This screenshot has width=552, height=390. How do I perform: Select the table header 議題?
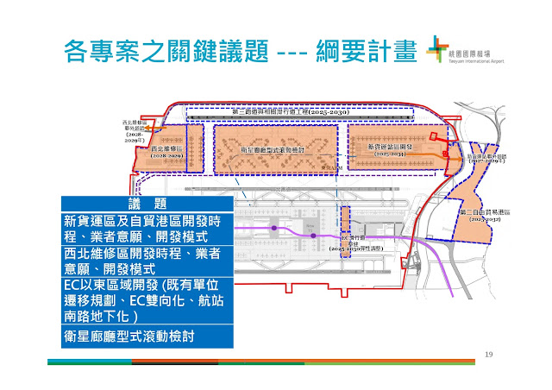click(146, 204)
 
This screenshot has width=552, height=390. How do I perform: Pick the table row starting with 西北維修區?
click(146, 261)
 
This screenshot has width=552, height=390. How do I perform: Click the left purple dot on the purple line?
click(274, 229)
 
